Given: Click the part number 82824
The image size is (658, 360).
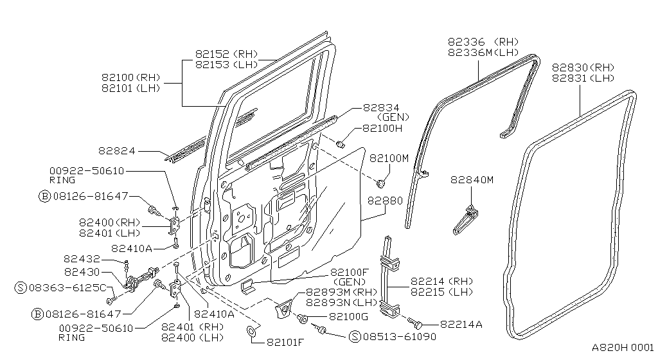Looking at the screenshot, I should (x=118, y=151).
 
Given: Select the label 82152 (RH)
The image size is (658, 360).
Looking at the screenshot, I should (x=226, y=55).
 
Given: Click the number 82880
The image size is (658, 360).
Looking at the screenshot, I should (x=385, y=201).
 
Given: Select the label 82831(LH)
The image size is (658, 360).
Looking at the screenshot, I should (x=582, y=78).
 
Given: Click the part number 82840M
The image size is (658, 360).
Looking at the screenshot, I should (x=472, y=180).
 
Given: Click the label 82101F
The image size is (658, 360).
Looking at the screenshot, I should (x=285, y=341).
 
